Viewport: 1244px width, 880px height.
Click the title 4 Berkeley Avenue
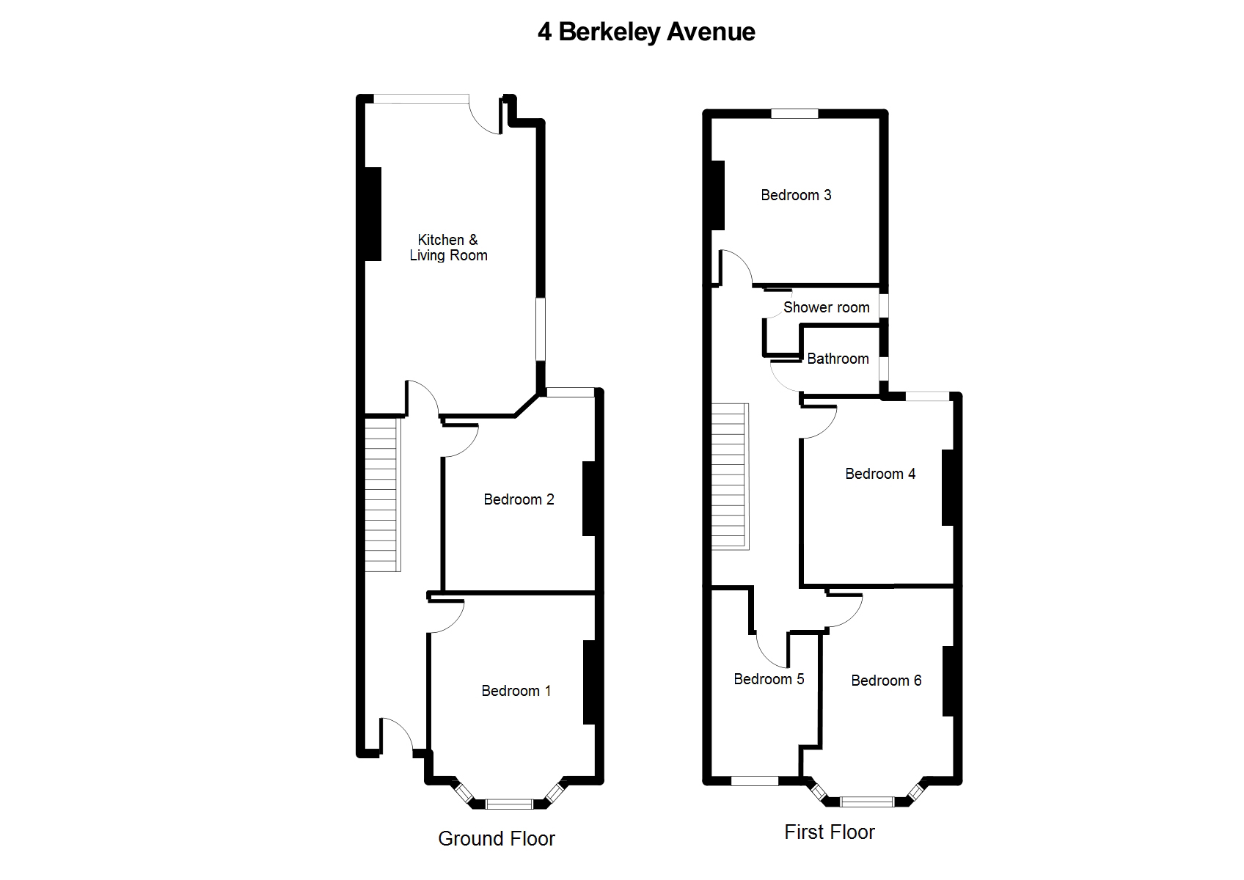646,32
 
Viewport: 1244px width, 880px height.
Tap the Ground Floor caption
497,838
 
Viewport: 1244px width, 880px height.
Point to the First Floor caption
830,832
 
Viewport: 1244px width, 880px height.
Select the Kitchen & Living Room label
448,248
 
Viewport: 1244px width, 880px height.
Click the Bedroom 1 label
516,691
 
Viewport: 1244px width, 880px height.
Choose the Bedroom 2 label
519,499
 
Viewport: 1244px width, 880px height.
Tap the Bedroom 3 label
796,195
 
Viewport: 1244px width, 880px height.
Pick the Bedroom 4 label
880,474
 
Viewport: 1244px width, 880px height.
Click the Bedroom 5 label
769,679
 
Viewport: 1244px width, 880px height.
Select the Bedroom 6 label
886,680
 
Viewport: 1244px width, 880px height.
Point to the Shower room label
827,307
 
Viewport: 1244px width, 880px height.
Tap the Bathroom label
838,359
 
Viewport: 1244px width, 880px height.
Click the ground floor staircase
383,495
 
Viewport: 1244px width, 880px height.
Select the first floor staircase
731,477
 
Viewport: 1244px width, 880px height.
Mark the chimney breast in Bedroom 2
589,499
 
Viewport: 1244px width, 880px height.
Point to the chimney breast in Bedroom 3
717,195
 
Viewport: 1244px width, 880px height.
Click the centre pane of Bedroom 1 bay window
509,804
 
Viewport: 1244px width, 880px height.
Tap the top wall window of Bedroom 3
794,114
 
